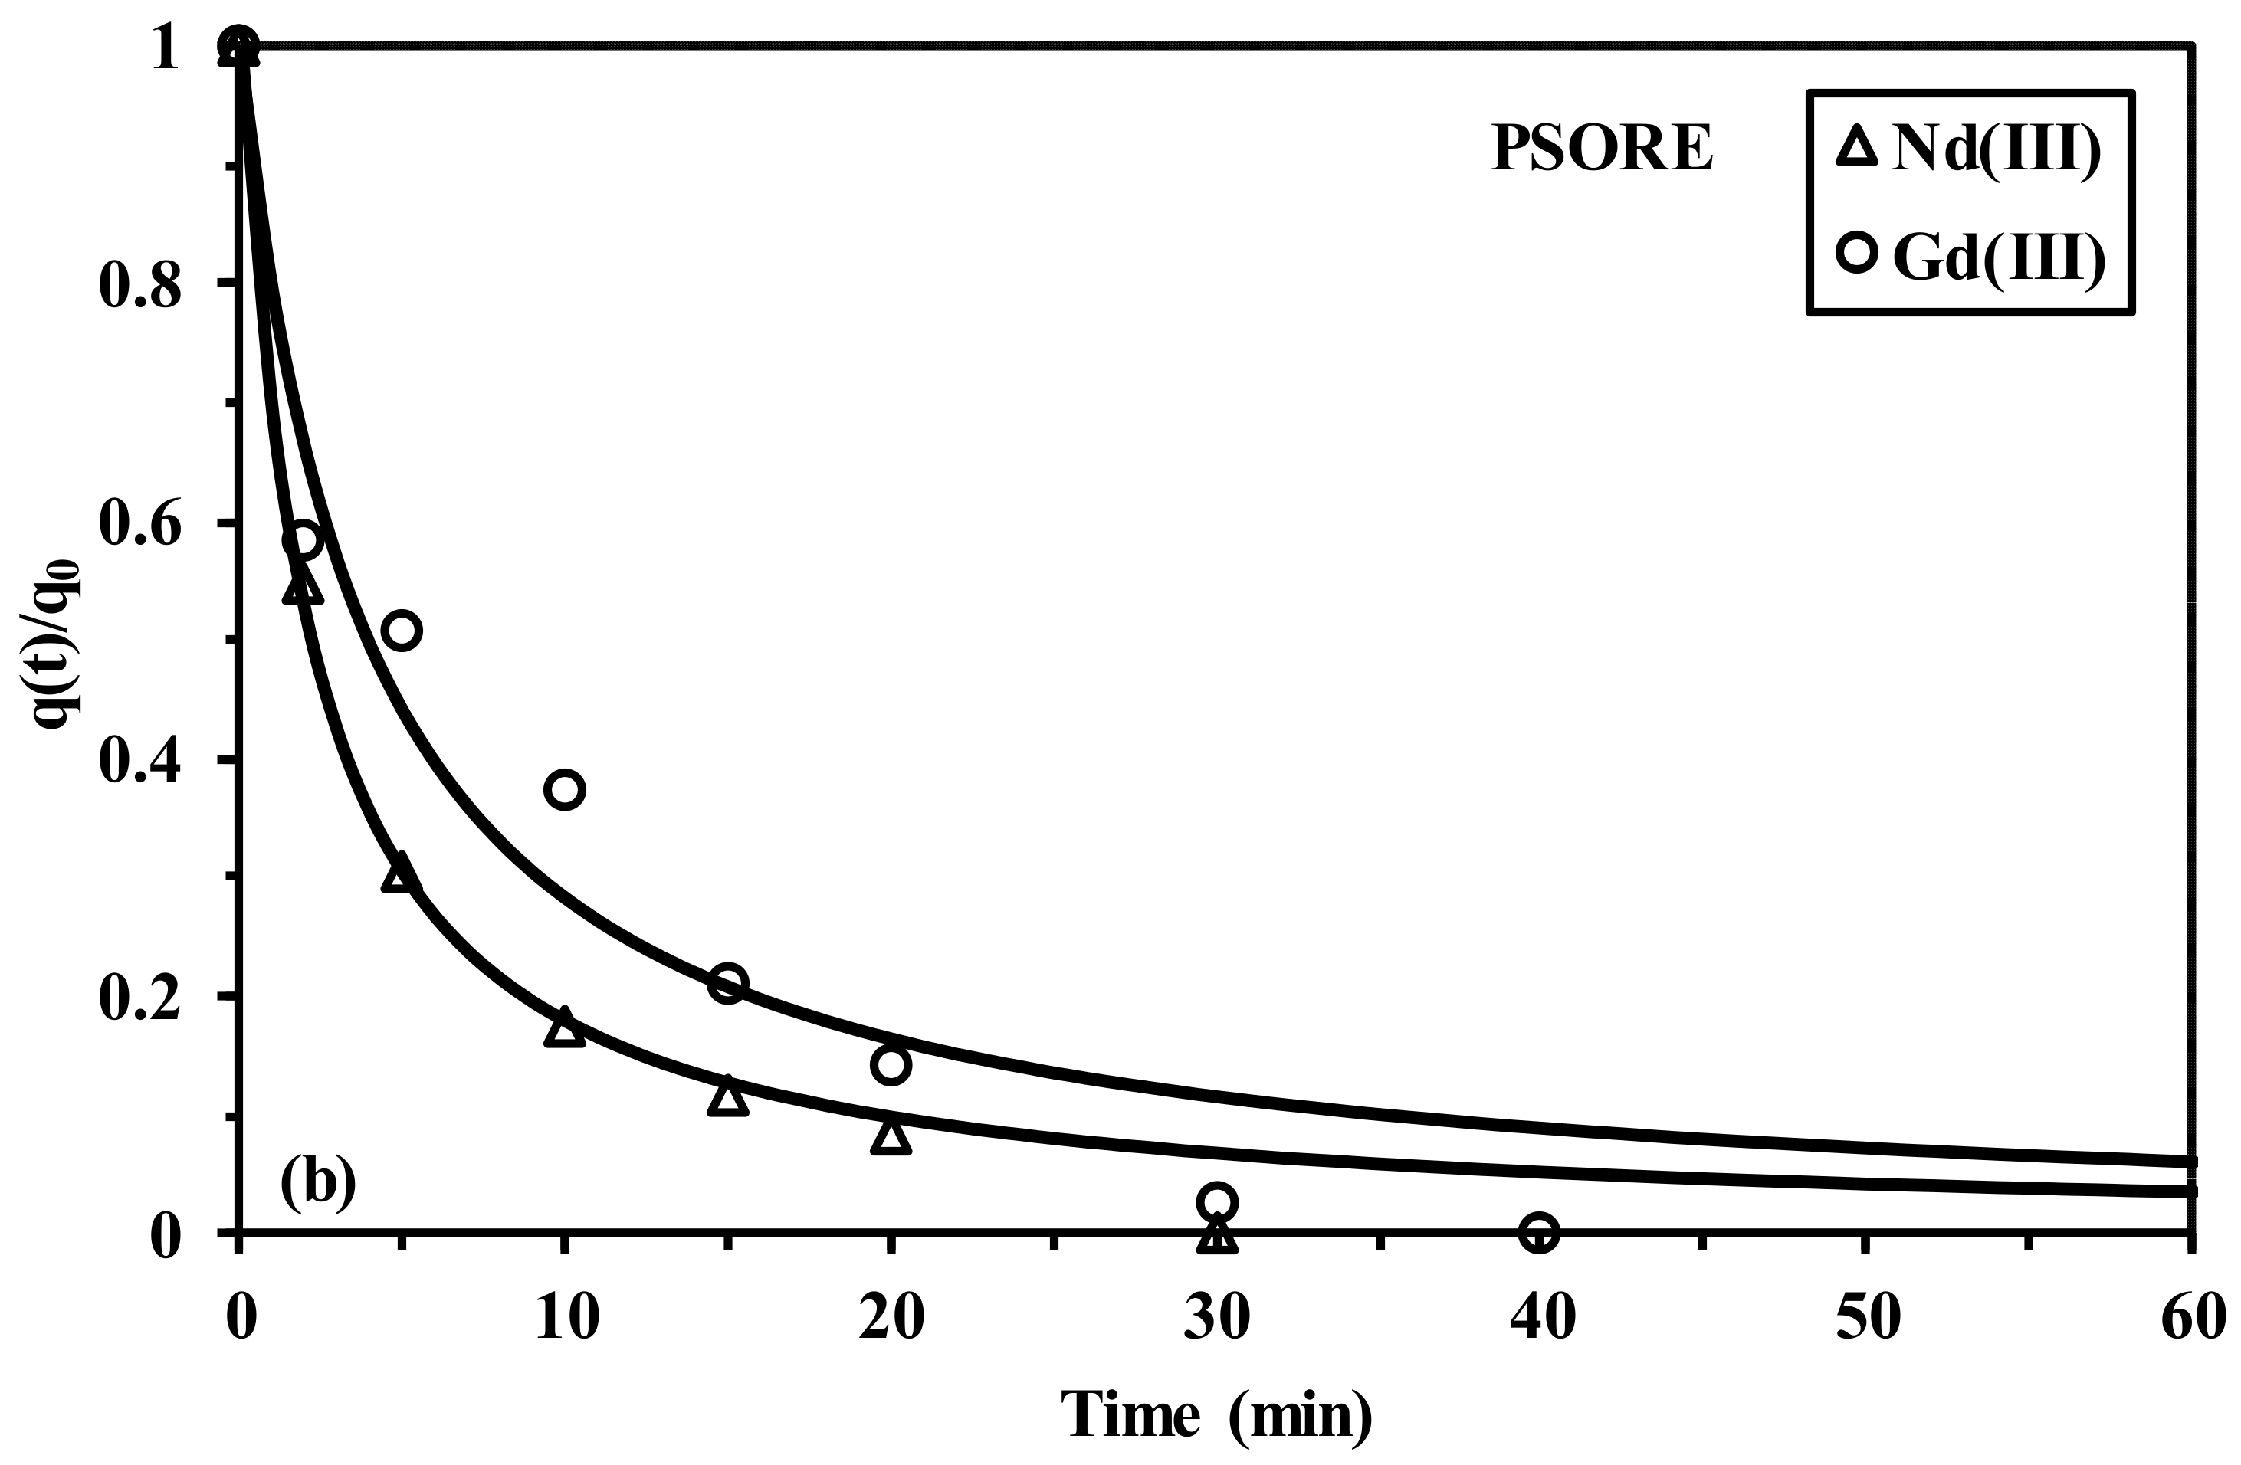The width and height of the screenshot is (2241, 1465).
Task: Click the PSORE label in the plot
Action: [x=1601, y=149]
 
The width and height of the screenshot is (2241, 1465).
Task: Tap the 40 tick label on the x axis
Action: [x=1542, y=1316]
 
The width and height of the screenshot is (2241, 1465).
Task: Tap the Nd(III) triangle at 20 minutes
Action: [x=891, y=1137]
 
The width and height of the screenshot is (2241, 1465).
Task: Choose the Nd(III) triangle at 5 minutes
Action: [x=401, y=875]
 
